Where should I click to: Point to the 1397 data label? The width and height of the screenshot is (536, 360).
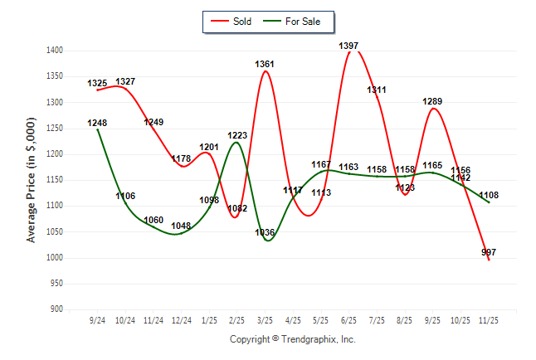coord(348,46)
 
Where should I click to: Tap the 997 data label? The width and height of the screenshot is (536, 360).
coord(489,252)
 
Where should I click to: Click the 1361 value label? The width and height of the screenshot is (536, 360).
coord(266,64)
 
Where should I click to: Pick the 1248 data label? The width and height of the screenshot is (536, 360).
coord(97,123)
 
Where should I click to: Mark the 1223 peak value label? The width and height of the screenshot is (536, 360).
coord(236,135)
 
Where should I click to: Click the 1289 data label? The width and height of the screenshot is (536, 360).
coord(432,102)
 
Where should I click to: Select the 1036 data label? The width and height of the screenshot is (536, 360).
coord(265,232)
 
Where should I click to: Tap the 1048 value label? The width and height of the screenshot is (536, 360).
coord(181,226)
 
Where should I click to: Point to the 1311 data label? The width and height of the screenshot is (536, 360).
coord(377,90)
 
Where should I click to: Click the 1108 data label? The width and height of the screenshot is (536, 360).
coord(489,196)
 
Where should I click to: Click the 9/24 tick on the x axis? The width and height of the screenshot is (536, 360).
coord(97,319)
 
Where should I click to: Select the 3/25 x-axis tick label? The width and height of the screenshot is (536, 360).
coord(265,319)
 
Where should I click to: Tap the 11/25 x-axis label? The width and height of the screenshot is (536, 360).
coord(489,319)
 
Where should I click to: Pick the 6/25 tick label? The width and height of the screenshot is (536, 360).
coord(348,319)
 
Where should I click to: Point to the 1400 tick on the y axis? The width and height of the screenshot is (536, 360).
coord(55,51)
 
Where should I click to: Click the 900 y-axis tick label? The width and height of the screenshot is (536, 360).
coord(57,309)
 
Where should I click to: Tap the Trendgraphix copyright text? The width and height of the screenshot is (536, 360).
coord(292,339)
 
